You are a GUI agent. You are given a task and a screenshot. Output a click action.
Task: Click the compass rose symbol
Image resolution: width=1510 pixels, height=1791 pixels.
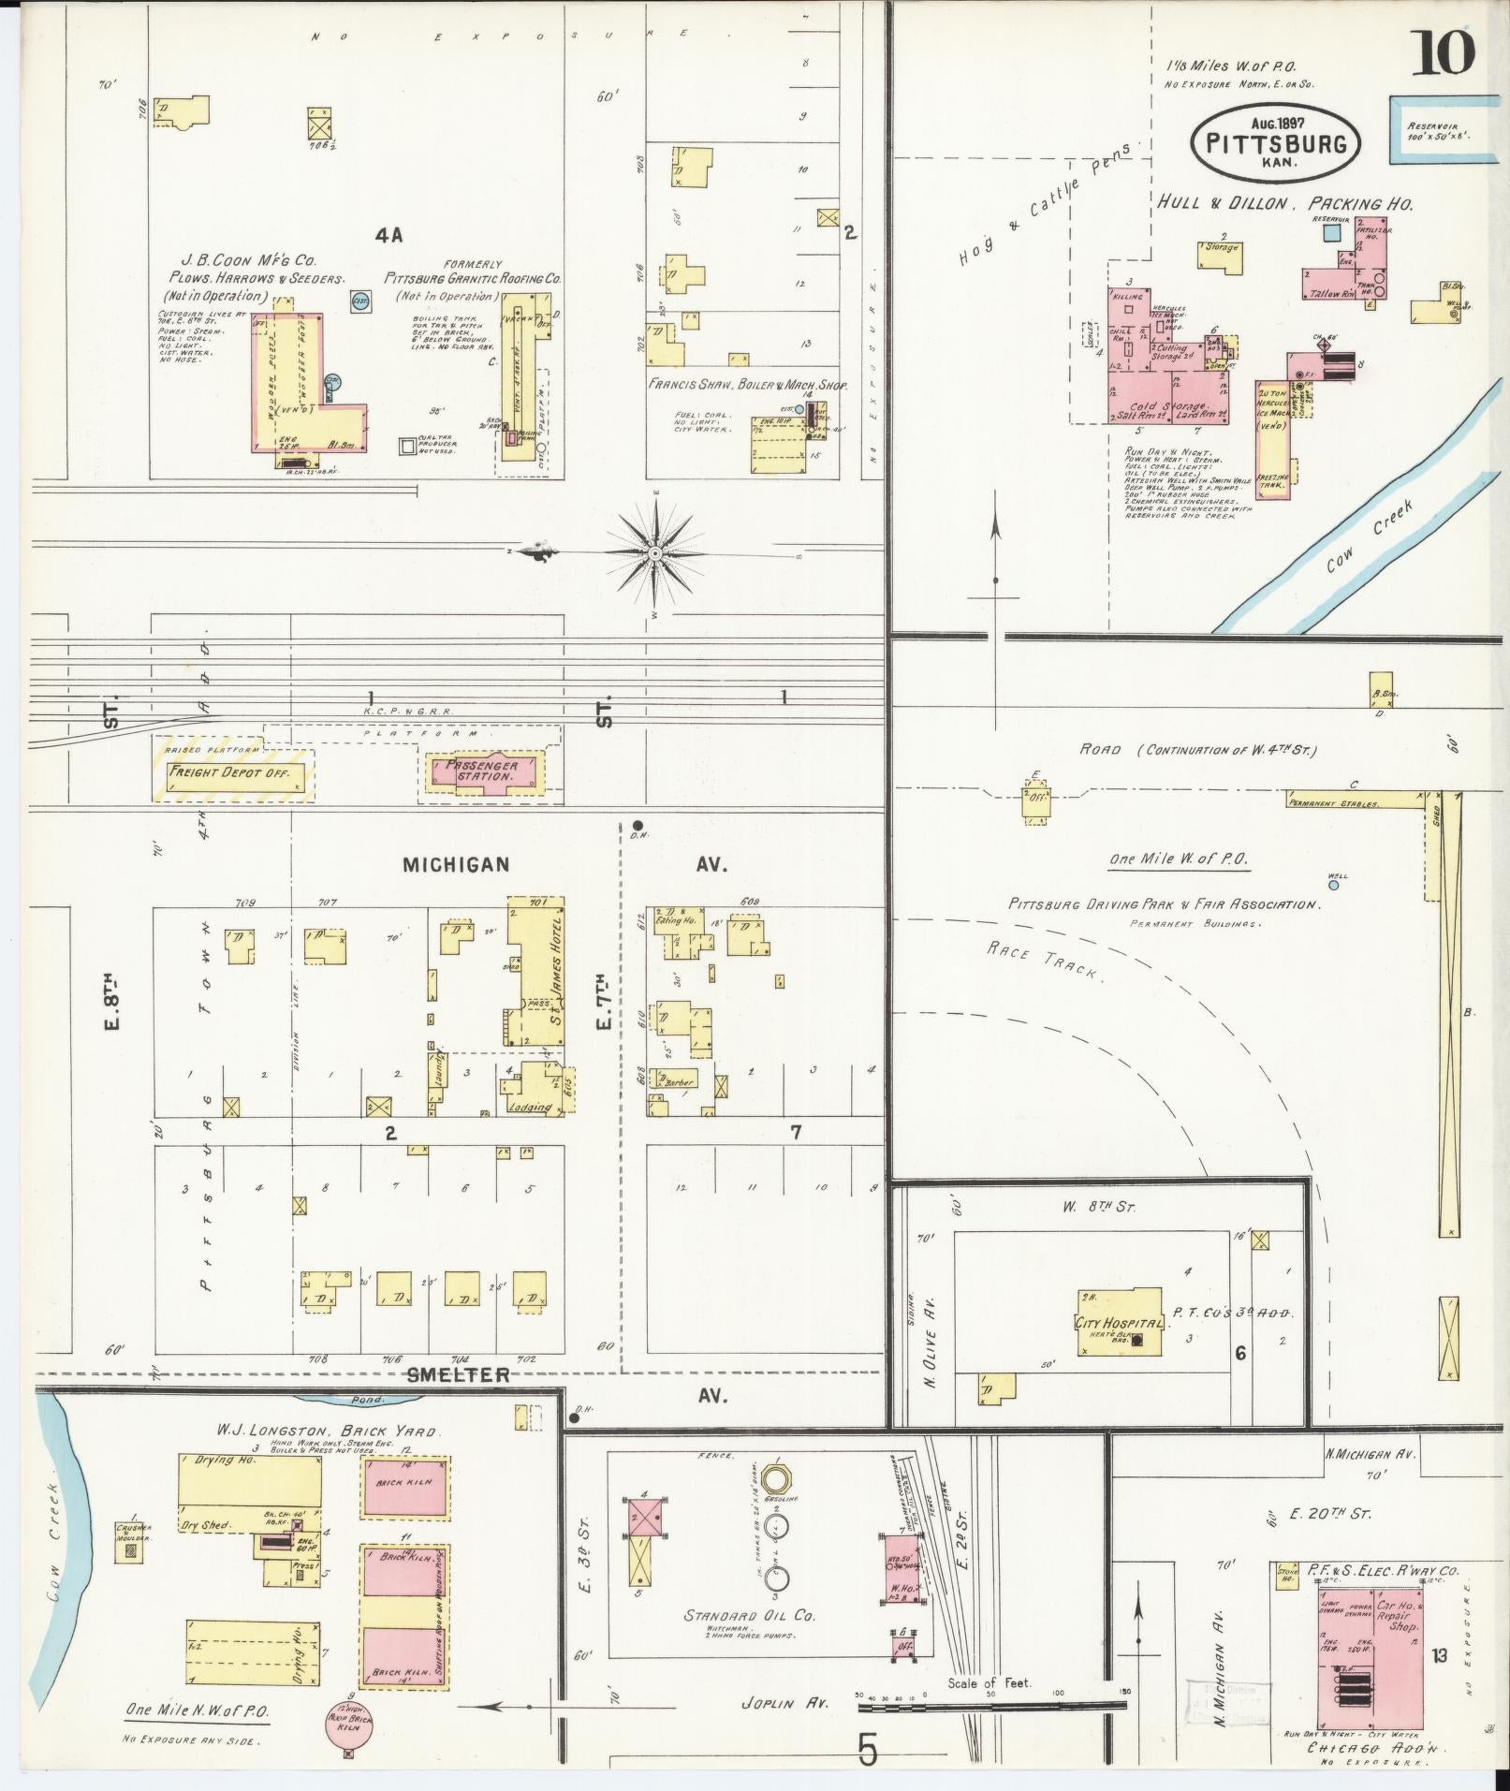655,554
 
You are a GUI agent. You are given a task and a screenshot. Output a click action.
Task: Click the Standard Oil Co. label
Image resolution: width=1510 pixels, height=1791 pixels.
749,1615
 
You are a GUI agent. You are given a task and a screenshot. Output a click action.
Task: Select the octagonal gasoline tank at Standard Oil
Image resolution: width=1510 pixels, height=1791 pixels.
775,1479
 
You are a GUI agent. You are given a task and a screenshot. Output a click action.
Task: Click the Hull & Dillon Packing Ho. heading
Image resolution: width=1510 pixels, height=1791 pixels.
1284,203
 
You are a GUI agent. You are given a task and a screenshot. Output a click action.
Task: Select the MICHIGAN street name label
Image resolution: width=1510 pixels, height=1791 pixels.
456,865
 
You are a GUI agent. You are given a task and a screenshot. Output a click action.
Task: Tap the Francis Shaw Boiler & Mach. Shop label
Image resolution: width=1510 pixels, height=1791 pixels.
740,384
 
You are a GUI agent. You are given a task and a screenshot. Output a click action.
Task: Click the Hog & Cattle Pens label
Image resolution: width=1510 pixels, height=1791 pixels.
1044,207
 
